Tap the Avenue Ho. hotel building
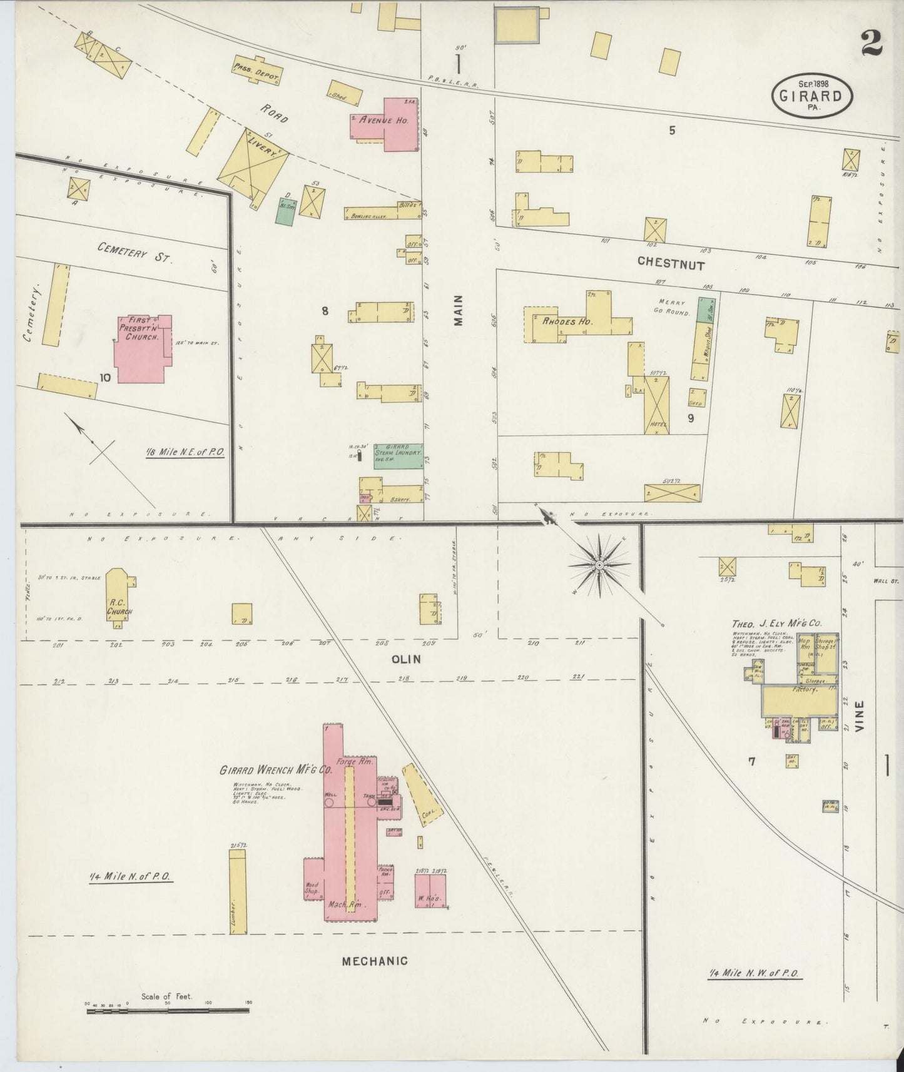coord(383,123)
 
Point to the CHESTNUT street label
coord(671,265)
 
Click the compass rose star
coord(599,565)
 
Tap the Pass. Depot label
coord(256,74)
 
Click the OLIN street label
coord(405,659)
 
